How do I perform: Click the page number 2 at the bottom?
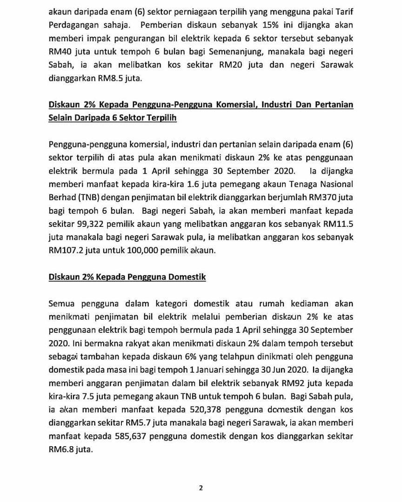tap(201, 488)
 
